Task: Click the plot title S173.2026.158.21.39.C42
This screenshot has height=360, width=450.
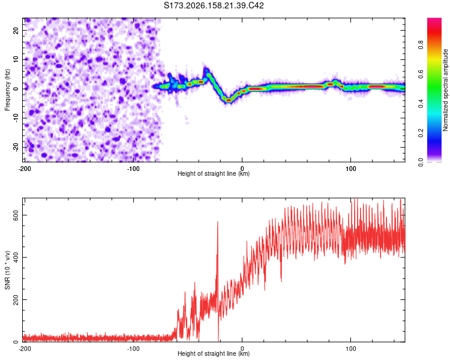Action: point(214,5)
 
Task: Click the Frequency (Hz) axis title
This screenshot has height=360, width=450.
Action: point(7,90)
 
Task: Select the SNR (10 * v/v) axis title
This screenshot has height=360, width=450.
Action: point(7,270)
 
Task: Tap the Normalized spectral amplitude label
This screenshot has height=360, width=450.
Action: point(445,90)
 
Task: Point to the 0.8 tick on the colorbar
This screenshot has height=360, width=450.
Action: point(421,45)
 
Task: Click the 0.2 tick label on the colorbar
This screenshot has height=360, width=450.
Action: point(421,133)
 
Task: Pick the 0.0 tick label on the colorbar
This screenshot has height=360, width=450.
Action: point(421,162)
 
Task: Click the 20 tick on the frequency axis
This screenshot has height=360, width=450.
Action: point(16,30)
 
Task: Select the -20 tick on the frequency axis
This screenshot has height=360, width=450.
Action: point(16,148)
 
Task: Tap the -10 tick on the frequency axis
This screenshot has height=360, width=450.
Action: point(16,118)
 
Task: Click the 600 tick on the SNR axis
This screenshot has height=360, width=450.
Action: point(16,215)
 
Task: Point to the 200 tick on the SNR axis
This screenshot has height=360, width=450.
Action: point(16,299)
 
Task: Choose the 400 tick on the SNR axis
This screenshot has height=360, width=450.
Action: point(16,257)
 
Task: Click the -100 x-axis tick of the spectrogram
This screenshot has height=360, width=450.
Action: point(133,169)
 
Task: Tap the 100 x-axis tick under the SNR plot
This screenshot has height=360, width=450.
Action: point(351,349)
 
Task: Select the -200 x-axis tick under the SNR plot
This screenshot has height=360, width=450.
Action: point(25,349)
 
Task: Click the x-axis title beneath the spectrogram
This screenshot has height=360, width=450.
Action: point(214,173)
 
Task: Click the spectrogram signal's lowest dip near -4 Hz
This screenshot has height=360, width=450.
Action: point(229,100)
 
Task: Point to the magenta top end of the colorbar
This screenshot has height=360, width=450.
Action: point(434,19)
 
